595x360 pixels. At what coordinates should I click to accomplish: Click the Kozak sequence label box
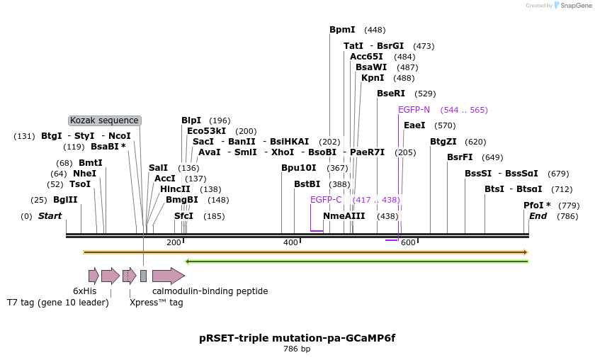click(x=105, y=120)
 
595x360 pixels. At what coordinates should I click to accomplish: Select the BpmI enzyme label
click(x=342, y=30)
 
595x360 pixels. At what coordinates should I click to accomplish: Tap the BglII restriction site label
click(x=65, y=199)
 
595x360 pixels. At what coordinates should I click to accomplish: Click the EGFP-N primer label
click(x=414, y=110)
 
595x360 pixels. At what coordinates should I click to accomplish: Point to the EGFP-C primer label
click(x=326, y=200)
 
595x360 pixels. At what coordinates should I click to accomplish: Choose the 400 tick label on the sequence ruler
click(x=290, y=242)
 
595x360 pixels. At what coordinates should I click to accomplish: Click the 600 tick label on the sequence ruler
click(x=408, y=242)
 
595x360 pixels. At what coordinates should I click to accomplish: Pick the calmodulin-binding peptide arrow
click(x=169, y=276)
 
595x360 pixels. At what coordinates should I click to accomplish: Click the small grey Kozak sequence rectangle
click(x=143, y=276)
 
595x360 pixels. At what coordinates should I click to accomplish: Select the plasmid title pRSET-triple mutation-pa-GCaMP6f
click(x=297, y=338)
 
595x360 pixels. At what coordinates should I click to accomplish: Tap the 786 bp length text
click(x=297, y=349)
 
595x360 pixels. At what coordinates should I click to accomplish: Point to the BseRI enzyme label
click(x=391, y=94)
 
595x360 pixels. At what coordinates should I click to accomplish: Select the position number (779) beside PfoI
click(x=569, y=206)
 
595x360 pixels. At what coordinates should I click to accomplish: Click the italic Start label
click(x=50, y=216)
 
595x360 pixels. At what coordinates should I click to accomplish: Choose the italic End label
click(x=538, y=216)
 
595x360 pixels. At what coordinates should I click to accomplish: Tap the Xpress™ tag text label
click(x=157, y=303)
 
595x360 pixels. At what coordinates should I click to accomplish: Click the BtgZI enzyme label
click(x=443, y=142)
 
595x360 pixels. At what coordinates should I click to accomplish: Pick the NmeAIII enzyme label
click(x=344, y=216)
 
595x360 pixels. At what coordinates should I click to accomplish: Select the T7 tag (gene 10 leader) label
click(x=57, y=303)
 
